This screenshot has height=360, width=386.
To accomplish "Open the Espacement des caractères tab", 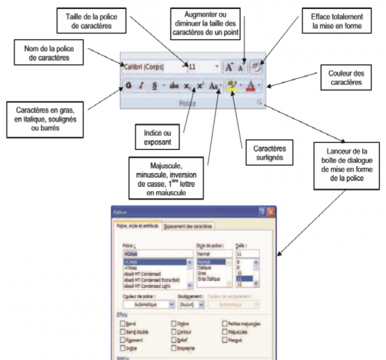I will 188,225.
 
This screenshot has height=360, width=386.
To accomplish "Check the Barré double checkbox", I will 124,329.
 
